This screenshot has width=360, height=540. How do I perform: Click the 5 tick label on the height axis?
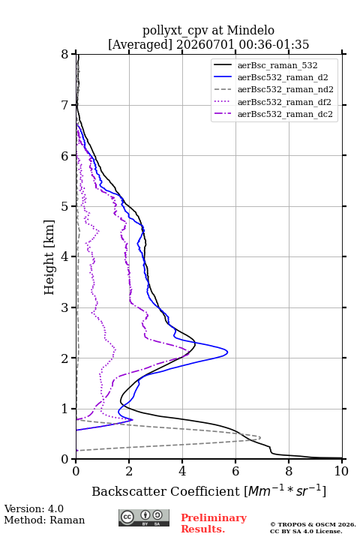[65, 206]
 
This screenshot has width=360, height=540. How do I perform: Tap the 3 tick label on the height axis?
[65, 307]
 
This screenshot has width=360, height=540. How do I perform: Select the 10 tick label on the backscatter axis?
[341, 471]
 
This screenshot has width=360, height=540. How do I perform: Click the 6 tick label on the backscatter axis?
[235, 471]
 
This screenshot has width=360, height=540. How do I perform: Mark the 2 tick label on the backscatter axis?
[129, 471]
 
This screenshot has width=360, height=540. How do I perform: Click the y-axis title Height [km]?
[49, 257]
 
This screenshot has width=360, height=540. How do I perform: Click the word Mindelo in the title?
[250, 30]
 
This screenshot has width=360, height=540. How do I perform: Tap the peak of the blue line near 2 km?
[227, 352]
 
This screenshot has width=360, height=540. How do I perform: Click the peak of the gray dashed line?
[260, 438]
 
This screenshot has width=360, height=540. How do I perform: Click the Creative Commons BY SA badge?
[144, 517]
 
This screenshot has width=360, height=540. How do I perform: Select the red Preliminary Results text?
[214, 523]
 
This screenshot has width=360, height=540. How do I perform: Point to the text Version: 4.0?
[34, 508]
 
